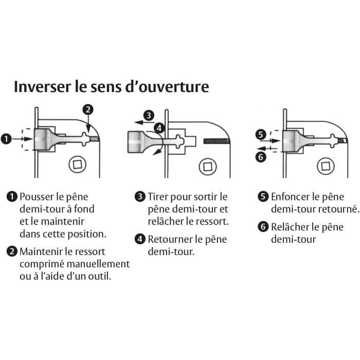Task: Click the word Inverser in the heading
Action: pyautogui.click(x=43, y=86)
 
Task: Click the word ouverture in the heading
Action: pyautogui.click(x=174, y=87)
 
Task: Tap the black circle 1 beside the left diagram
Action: pyautogui.click(x=6, y=139)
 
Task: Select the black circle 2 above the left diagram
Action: pyautogui.click(x=88, y=110)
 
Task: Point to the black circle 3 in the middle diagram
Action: pyautogui.click(x=149, y=115)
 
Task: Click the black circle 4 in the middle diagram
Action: pyautogui.click(x=159, y=128)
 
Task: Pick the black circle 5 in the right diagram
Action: pyautogui.click(x=261, y=134)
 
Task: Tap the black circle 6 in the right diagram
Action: pyautogui.click(x=261, y=157)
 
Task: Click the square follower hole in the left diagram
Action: pyautogui.click(x=77, y=165)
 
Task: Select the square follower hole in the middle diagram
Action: pyautogui.click(x=208, y=167)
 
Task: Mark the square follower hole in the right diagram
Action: pyautogui.click(x=326, y=166)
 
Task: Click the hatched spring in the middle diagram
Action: pyautogui.click(x=217, y=141)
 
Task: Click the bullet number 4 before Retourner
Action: pyautogui.click(x=140, y=239)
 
